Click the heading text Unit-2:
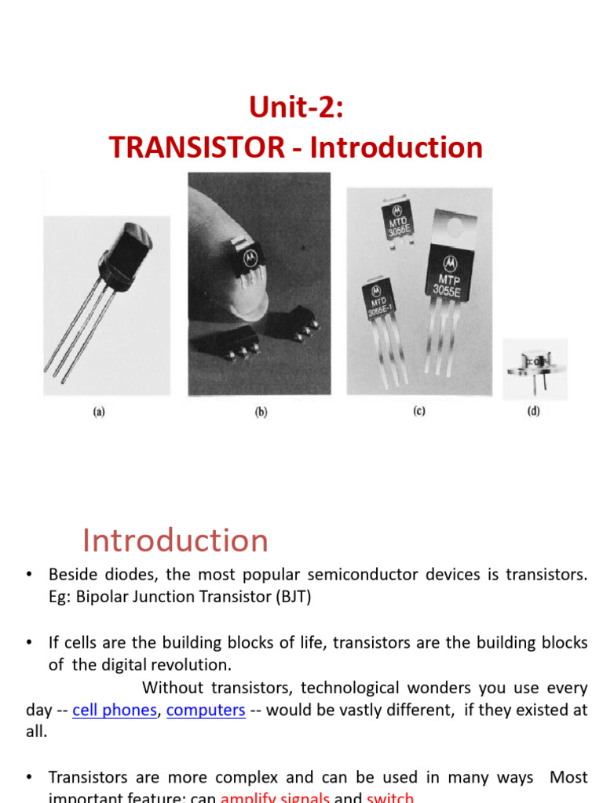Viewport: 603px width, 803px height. pos(296,107)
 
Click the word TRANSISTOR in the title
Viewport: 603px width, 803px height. pos(200,147)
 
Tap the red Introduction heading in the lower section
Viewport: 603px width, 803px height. pos(175,540)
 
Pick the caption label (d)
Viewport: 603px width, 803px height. pos(534,411)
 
